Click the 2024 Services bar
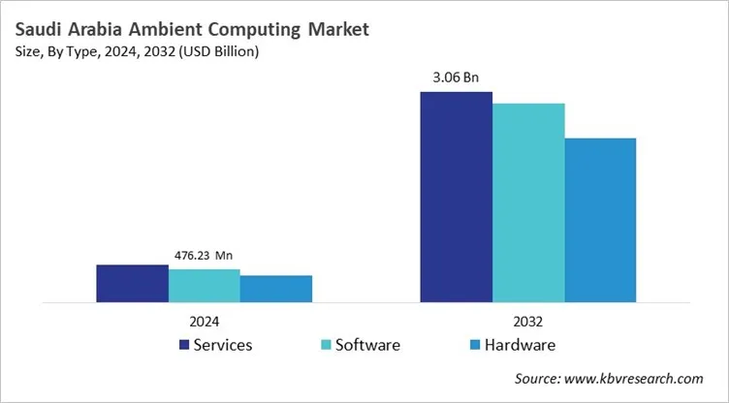(x=132, y=283)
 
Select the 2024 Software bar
(x=204, y=286)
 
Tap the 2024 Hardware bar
(x=276, y=289)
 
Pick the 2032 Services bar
(x=456, y=197)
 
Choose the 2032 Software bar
(x=528, y=202)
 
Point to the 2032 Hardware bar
(x=600, y=220)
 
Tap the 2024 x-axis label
(x=204, y=322)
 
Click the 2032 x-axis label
(x=528, y=322)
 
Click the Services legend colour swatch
(x=183, y=345)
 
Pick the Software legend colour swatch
(x=325, y=345)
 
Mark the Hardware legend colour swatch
(x=474, y=345)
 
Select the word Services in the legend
(x=224, y=345)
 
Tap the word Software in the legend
(x=367, y=345)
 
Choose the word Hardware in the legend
(x=520, y=345)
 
